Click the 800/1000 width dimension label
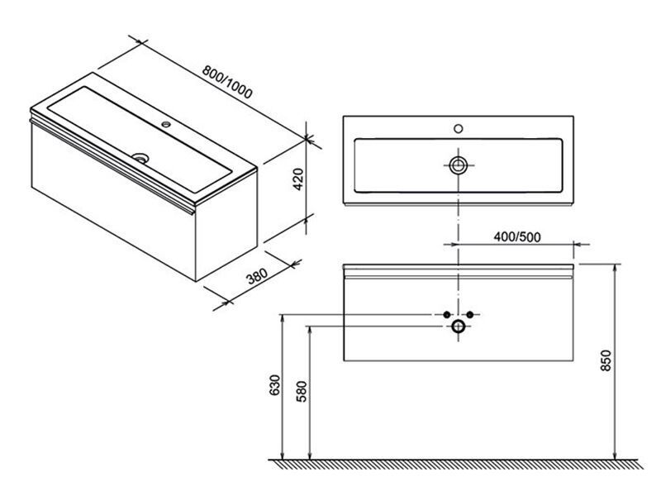227,82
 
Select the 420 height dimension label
298,179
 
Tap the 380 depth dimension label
257,276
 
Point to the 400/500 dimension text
517,237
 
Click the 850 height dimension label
606,360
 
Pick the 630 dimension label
274,384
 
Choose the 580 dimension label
302,391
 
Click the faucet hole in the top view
459,129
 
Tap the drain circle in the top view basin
458,165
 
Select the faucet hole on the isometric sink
167,125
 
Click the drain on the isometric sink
140,158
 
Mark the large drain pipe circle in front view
459,327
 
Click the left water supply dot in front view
447,315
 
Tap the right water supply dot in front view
470,315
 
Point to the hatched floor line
457,464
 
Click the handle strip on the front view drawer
459,278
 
